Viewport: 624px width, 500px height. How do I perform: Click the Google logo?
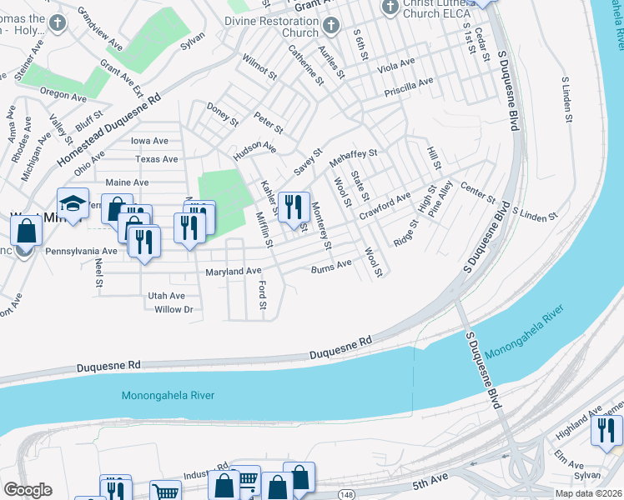[x=28, y=490]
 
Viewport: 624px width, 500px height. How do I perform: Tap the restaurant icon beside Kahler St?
[x=292, y=206]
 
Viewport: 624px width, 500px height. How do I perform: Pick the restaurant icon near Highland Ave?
[x=606, y=430]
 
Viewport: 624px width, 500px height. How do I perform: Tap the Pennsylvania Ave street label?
[x=82, y=250]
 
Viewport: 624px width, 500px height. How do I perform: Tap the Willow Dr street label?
[x=174, y=309]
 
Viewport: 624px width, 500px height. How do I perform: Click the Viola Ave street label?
[x=396, y=63]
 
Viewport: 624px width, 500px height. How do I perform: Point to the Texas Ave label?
[x=157, y=159]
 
